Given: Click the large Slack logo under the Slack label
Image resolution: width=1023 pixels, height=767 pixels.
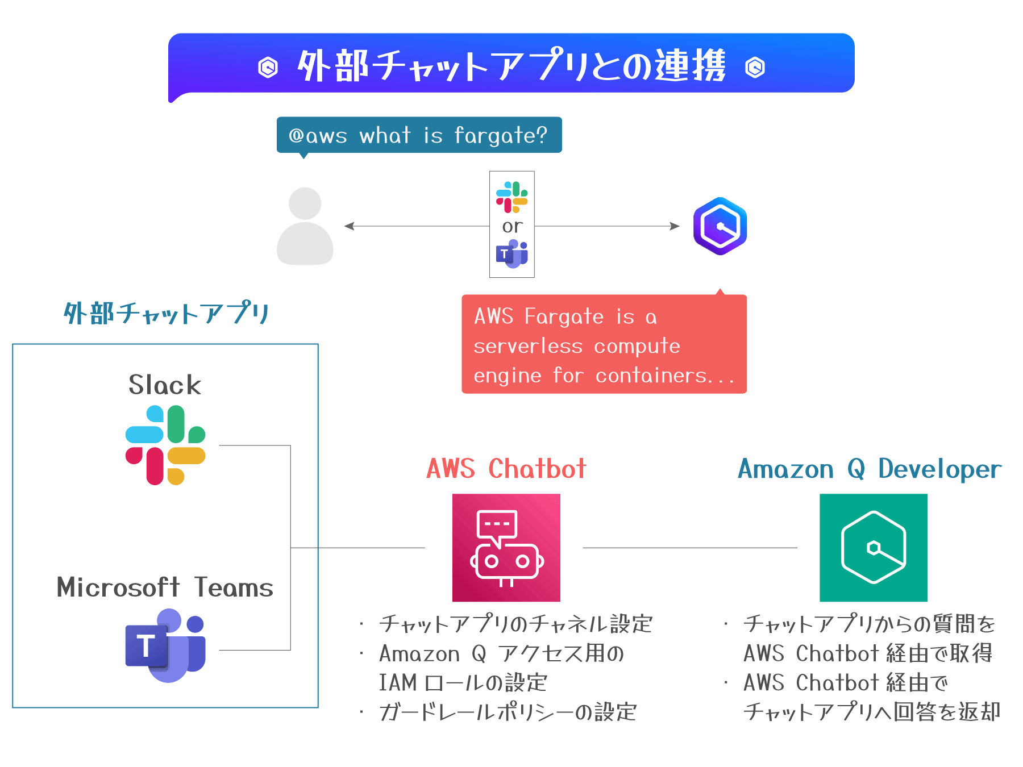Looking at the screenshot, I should [x=165, y=445].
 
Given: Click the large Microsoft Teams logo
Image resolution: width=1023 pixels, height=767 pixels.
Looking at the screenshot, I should [x=165, y=646].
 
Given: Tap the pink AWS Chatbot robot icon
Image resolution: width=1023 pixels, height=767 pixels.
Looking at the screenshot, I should [x=506, y=548].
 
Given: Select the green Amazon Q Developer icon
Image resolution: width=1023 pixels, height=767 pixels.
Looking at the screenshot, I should [x=873, y=548].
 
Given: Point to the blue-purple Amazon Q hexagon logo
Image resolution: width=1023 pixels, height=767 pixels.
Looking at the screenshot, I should [x=720, y=226].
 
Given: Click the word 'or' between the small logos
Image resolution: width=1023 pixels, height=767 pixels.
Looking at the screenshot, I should [x=512, y=226].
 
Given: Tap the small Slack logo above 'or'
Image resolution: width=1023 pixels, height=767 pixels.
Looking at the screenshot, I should [x=511, y=197].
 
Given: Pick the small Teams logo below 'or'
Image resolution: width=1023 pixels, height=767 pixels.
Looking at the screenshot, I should [x=512, y=254].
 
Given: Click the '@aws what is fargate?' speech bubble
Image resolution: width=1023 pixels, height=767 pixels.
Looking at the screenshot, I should [x=419, y=135].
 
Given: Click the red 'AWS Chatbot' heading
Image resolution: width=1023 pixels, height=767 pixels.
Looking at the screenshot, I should [x=506, y=469].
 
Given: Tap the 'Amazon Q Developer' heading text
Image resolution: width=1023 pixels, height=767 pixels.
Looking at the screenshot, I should [x=869, y=469].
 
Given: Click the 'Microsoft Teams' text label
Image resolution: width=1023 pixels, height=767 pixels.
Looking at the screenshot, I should [x=165, y=587].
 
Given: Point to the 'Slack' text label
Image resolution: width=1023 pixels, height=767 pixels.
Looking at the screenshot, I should [x=165, y=385].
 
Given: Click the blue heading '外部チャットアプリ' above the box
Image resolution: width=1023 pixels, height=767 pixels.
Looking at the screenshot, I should [x=166, y=313].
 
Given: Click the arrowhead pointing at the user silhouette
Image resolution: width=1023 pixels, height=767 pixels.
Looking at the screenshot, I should [x=348, y=226].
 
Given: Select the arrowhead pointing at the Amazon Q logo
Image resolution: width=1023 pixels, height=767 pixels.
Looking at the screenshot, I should [x=675, y=226].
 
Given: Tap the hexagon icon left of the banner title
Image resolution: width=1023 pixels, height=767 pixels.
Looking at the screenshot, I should [x=268, y=67].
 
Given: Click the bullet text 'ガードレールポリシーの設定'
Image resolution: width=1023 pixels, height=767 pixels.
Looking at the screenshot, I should [x=508, y=712].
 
